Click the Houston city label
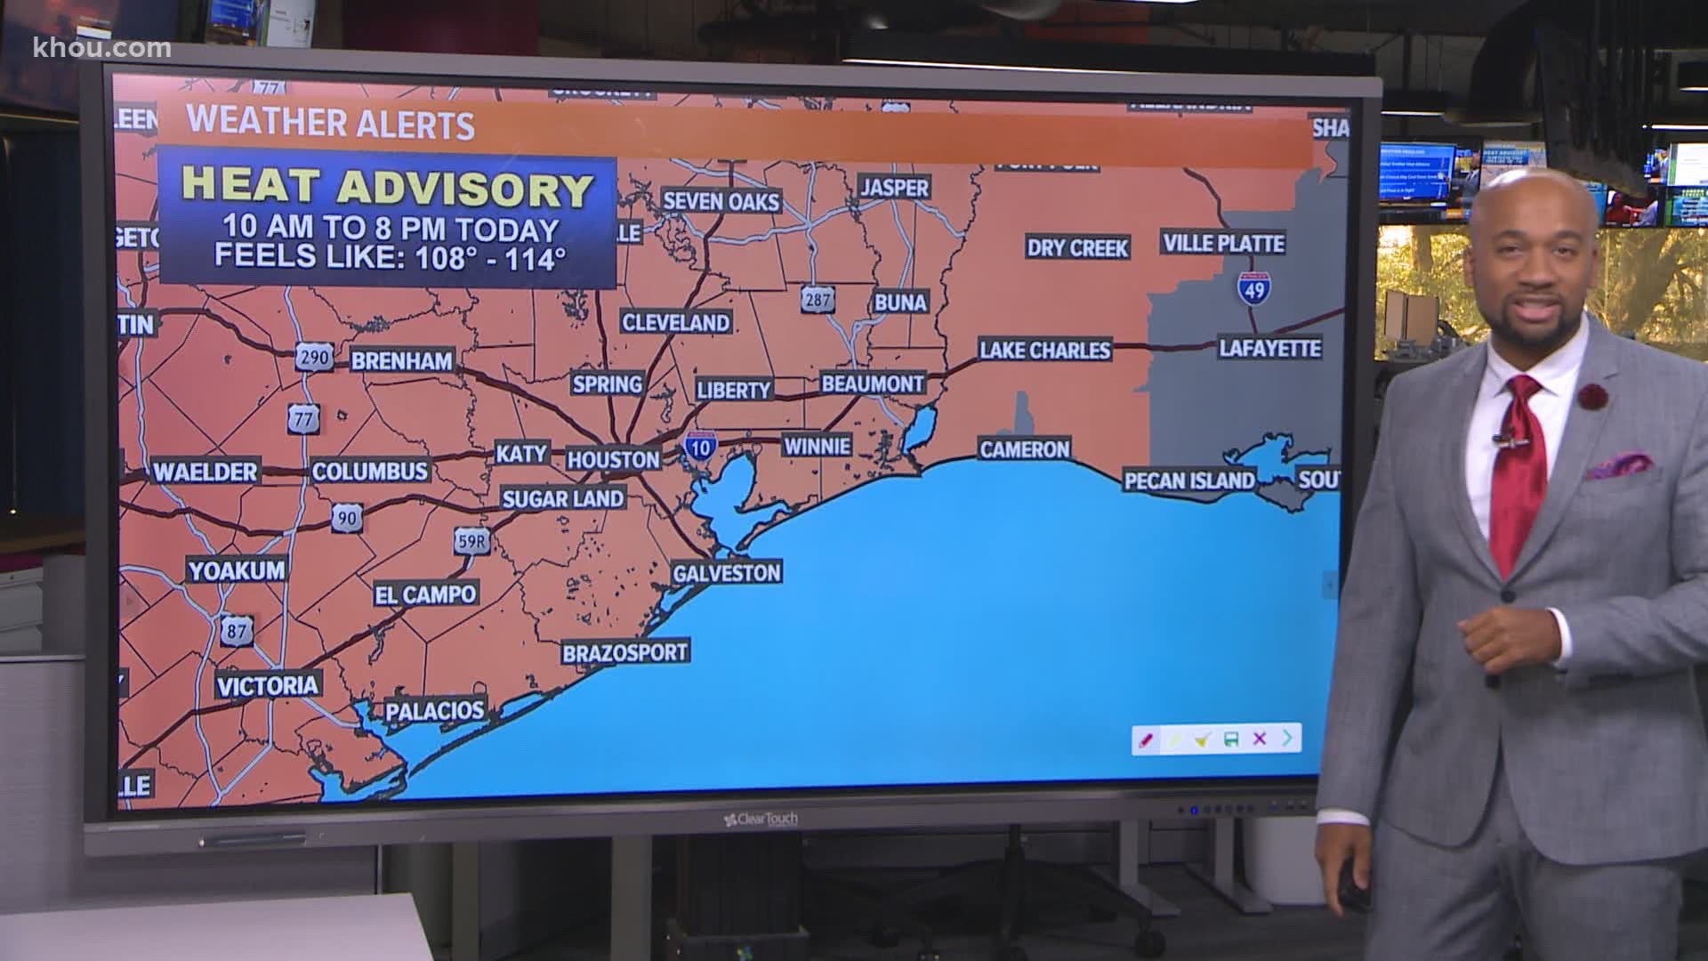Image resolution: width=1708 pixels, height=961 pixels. (613, 459)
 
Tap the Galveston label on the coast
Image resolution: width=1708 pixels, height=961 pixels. (726, 572)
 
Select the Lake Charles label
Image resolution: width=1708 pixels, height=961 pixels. (1044, 350)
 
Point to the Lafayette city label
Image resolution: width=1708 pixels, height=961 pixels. (1269, 348)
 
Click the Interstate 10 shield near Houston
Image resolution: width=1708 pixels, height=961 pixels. (699, 447)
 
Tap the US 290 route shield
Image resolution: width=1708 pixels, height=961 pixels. (315, 358)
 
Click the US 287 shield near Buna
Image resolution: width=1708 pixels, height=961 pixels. (817, 299)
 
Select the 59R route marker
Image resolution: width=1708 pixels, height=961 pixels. (471, 539)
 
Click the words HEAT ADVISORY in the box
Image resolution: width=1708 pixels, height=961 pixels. (388, 188)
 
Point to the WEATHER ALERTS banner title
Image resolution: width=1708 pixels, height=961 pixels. (330, 123)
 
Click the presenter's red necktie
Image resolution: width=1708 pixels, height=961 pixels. (1518, 472)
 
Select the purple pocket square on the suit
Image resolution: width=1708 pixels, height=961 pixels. (1619, 464)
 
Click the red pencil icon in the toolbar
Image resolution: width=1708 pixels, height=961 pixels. (1146, 739)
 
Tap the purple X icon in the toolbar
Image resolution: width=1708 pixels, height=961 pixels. (1259, 739)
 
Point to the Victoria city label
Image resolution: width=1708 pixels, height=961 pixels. (268, 685)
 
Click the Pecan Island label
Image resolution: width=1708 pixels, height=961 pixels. (1188, 480)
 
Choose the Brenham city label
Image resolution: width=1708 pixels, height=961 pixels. (401, 360)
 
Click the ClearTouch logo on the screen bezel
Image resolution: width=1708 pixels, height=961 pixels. (761, 818)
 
